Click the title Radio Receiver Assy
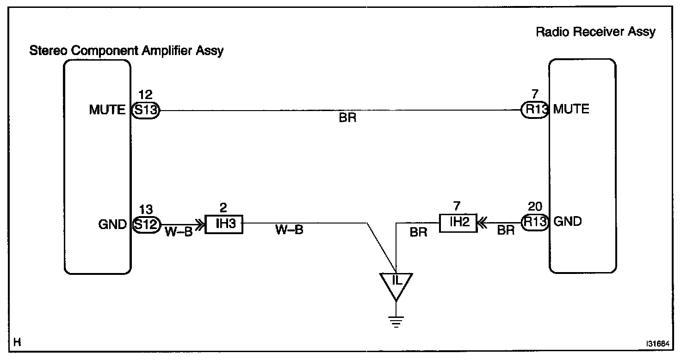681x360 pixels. click(x=595, y=32)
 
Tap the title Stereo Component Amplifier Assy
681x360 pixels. click(x=126, y=50)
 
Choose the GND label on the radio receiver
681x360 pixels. click(x=567, y=222)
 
